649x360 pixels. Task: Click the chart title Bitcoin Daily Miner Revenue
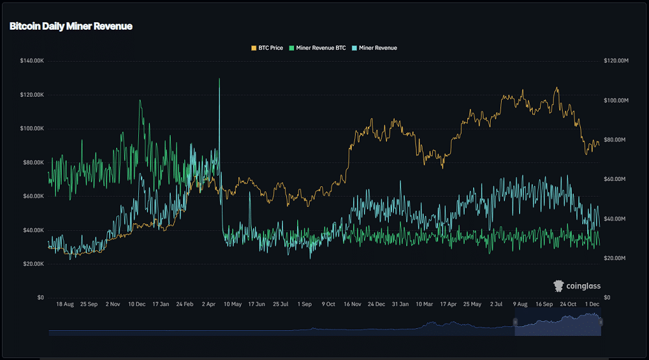pos(71,27)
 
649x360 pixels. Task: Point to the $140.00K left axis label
pos(32,61)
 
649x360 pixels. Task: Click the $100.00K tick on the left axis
pos(32,128)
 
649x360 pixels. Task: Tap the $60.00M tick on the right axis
pos(617,179)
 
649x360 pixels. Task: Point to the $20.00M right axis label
pos(617,258)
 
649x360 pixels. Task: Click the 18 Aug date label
pos(65,304)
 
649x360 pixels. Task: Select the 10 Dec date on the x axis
pos(137,304)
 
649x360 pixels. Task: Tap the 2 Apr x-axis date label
pos(209,304)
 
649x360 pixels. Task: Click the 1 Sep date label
pos(304,304)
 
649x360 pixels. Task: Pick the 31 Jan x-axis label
pos(400,304)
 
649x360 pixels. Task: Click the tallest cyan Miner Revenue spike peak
pos(219,79)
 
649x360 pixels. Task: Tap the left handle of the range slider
pos(515,322)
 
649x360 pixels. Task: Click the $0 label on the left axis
pos(40,298)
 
